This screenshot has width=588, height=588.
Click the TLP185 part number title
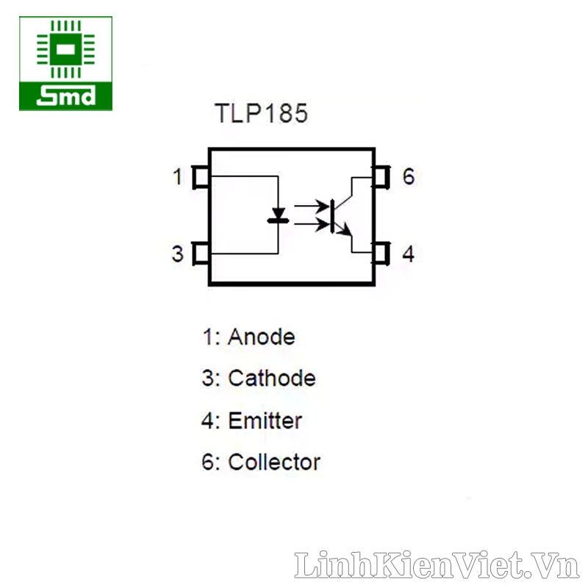(x=261, y=114)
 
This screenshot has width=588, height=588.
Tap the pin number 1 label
(x=177, y=177)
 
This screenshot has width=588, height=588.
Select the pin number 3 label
(x=177, y=254)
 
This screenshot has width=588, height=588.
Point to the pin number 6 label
(x=408, y=177)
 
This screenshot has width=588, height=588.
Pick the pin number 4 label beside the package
(x=408, y=254)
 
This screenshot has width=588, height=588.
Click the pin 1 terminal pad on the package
(x=200, y=178)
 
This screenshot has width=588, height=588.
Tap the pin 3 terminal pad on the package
(x=200, y=254)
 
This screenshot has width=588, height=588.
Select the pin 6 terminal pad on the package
(x=381, y=177)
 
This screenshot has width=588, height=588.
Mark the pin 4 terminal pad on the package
(x=381, y=254)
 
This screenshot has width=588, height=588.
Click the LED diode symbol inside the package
(x=278, y=215)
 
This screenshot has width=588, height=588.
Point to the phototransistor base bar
(x=333, y=215)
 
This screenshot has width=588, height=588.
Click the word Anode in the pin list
(x=261, y=337)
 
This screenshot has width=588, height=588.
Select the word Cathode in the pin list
(x=272, y=379)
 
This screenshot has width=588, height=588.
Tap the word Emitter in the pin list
(x=265, y=421)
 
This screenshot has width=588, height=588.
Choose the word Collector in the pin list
(x=274, y=463)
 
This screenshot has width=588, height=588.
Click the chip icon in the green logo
(x=65, y=49)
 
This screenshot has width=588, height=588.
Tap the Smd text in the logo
(x=65, y=96)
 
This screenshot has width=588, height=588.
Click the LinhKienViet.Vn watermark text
(x=437, y=565)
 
